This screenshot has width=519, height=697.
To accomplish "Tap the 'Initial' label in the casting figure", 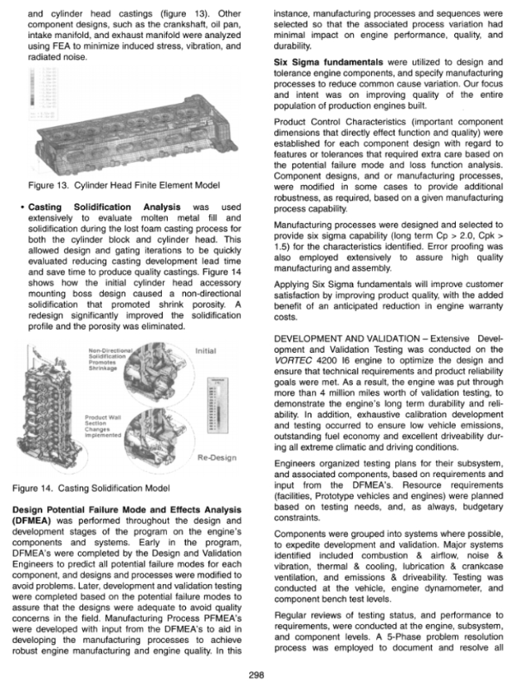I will pyautogui.click(x=203, y=352).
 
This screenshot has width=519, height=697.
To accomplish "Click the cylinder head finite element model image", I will pyautogui.click(x=125, y=124).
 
